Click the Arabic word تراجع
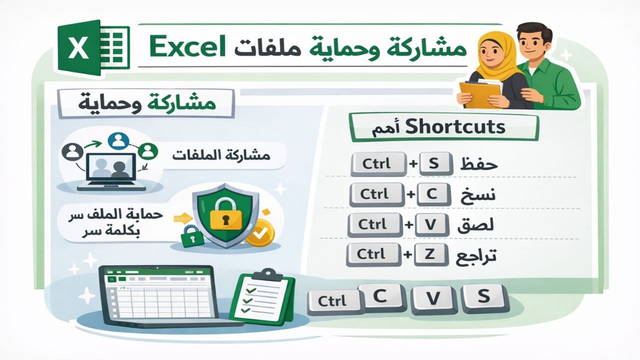coord(476,256)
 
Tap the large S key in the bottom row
coord(483,298)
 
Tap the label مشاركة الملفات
coord(220,155)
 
